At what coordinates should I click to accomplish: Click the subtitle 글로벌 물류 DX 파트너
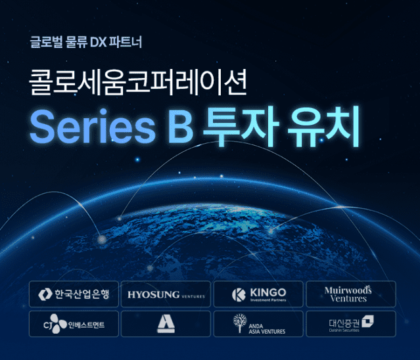click(x=85, y=43)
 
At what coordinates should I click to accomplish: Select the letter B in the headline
click(x=179, y=129)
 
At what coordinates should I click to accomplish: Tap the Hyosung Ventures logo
click(x=166, y=294)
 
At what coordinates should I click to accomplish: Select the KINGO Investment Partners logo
click(x=258, y=294)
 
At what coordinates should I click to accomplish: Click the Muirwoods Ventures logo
click(x=349, y=294)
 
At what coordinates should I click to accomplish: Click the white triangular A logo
click(x=166, y=324)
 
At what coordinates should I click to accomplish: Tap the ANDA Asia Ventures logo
click(x=258, y=324)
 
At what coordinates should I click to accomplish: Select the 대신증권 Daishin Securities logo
click(x=349, y=324)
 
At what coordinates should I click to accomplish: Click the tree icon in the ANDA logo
click(x=239, y=323)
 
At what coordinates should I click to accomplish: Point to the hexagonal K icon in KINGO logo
click(x=239, y=294)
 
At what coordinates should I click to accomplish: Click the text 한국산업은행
click(x=81, y=294)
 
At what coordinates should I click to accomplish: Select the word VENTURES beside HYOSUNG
click(x=193, y=296)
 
